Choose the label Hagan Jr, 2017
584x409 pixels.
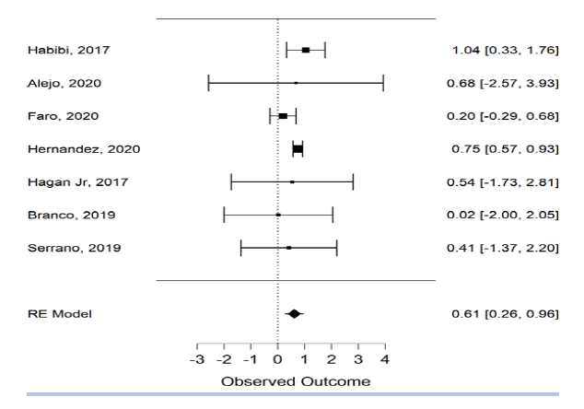(x=71, y=182)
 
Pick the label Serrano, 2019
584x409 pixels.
(x=64, y=248)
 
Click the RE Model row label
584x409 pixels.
(x=56, y=314)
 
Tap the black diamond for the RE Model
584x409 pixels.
(x=295, y=314)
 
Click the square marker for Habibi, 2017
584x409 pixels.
(x=306, y=50)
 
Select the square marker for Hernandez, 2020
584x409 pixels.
(x=298, y=149)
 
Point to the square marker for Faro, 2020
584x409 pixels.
(x=283, y=116)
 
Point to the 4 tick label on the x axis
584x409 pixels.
(x=384, y=359)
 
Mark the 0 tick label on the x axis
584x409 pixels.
(x=278, y=359)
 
